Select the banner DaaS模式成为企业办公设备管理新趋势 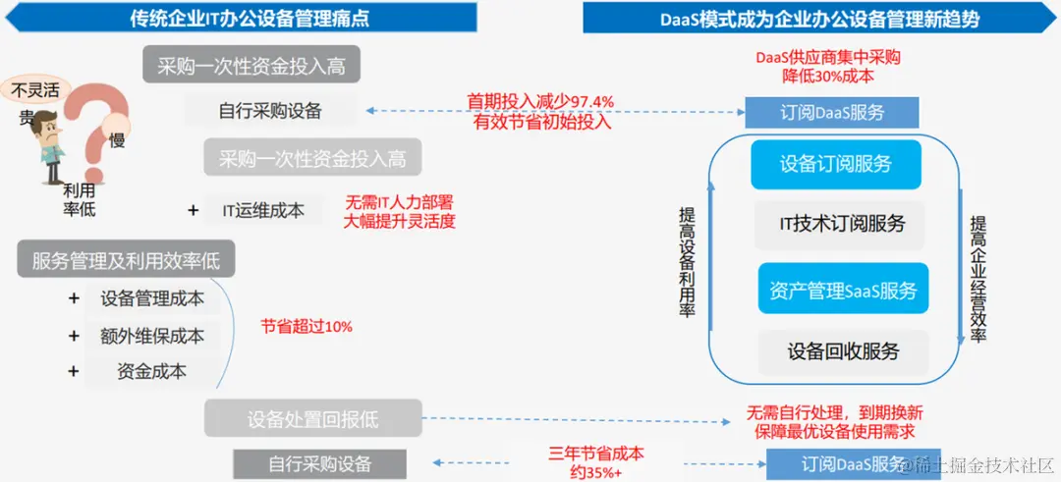click(819, 19)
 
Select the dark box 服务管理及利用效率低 click(125, 260)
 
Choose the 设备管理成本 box click(152, 298)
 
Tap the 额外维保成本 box click(152, 336)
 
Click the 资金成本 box click(152, 372)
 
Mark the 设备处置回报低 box click(312, 418)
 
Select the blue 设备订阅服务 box click(836, 164)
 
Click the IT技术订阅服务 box click(842, 224)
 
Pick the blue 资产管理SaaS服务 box click(842, 291)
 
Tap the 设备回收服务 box click(842, 350)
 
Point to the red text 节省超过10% click(307, 326)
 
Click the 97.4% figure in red click(587, 101)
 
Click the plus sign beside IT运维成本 click(193, 209)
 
